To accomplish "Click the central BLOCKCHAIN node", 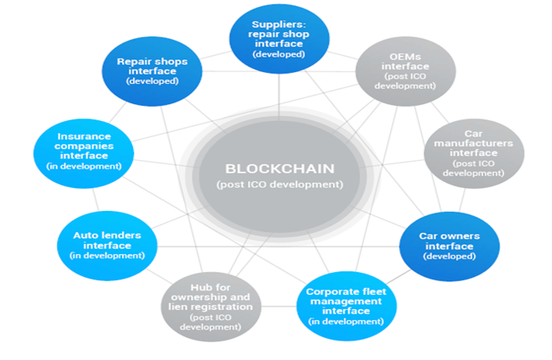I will [x=279, y=174].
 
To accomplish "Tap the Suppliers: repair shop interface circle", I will [x=279, y=39].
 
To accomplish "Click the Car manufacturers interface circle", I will [x=473, y=153].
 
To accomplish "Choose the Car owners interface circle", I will [x=449, y=244].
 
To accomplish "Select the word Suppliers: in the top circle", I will [x=279, y=23].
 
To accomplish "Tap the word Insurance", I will [x=84, y=136].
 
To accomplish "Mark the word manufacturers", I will [x=473, y=143].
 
